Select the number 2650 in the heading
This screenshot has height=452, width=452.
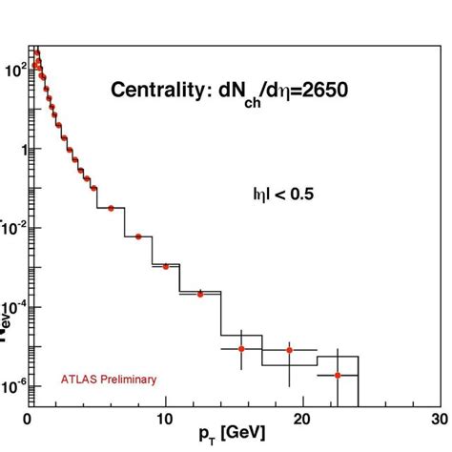point(321,92)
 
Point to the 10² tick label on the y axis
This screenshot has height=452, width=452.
point(13,70)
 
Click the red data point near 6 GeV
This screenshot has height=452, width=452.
point(111,208)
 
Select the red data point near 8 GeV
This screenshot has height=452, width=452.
point(138,236)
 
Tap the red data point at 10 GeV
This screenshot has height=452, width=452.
point(166,266)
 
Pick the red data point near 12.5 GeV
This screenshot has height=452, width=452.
point(200,294)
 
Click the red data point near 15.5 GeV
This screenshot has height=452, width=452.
point(241,349)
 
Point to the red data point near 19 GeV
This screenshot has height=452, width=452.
point(289,351)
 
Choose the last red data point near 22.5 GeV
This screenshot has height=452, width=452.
point(338,376)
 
